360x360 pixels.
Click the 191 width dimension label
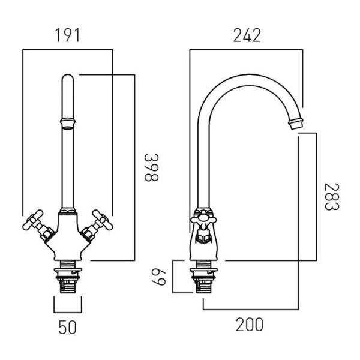tap(67, 35)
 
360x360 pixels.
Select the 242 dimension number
tap(247, 35)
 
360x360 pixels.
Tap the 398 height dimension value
tap(151, 167)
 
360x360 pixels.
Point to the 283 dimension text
tap(332, 197)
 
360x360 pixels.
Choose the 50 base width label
tap(67, 328)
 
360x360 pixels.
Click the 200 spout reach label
tap(250, 325)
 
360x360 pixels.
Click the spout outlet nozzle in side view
tap(296, 123)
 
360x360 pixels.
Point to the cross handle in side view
tap(203, 220)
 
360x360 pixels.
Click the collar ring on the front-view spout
tap(68, 123)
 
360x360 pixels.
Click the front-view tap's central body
tap(67, 236)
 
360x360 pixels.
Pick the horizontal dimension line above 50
tap(68, 312)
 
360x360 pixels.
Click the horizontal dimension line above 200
tap(251, 310)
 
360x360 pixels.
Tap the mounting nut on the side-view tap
tap(203, 271)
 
